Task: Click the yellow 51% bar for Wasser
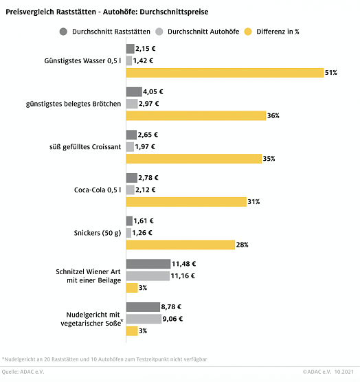[225, 72]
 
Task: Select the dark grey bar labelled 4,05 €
[134, 92]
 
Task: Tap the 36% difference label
[273, 115]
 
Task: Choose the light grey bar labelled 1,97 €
[130, 146]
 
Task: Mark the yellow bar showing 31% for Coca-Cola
[186, 201]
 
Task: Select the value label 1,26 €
[144, 233]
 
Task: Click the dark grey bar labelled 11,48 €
[148, 264]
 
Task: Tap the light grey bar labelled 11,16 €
[148, 276]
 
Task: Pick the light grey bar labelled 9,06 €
[144, 319]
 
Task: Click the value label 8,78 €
[172, 307]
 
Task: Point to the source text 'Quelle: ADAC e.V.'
[25, 372]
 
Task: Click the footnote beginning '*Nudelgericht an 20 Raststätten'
[103, 359]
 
